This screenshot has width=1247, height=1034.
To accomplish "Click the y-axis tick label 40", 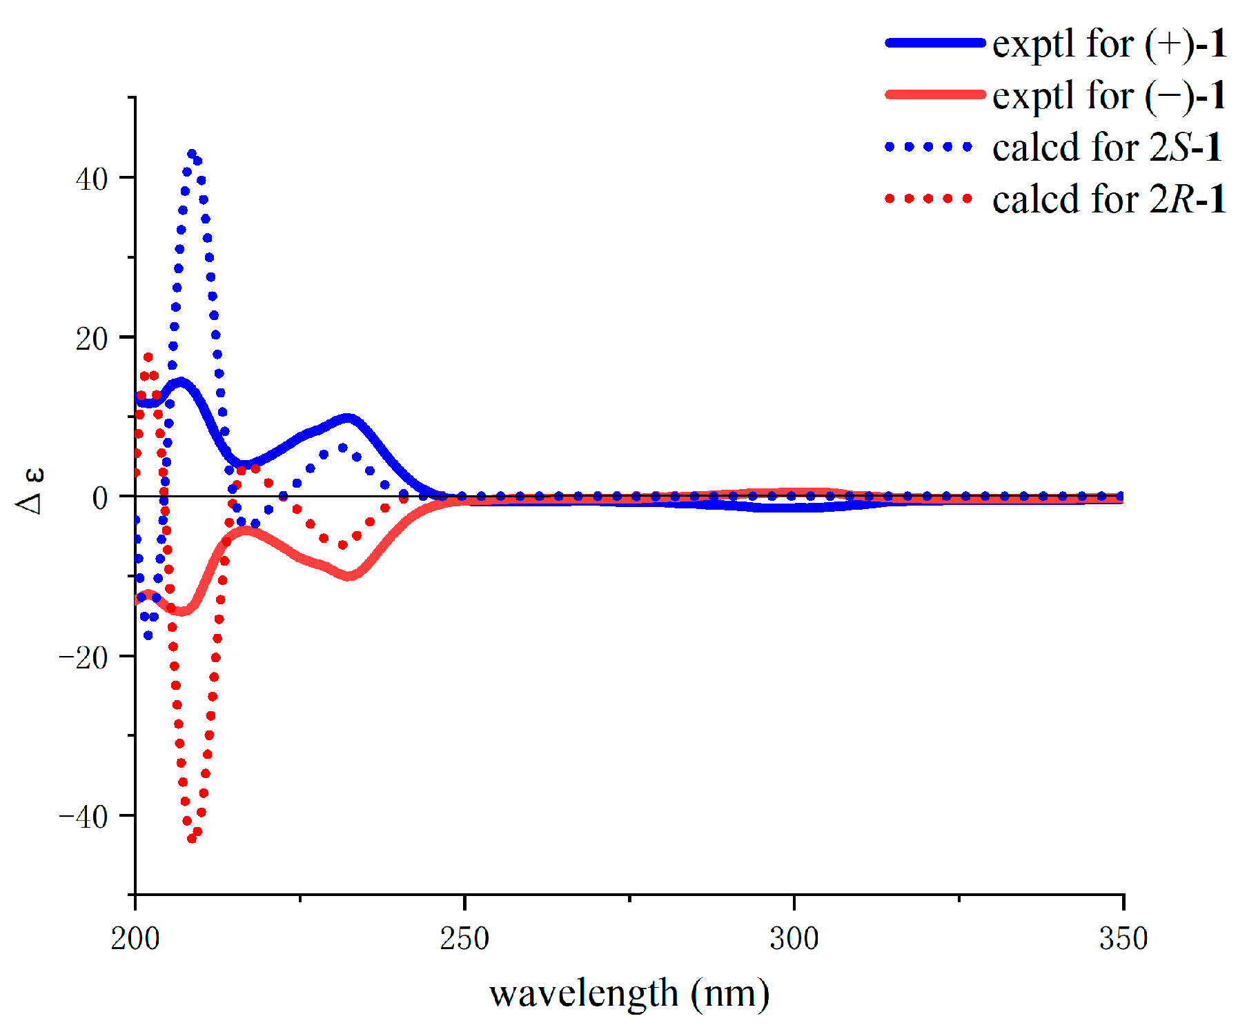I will click(x=92, y=180).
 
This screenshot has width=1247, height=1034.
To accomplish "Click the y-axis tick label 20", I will click(x=92, y=339).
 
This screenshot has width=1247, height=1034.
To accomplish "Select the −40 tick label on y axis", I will click(x=84, y=817).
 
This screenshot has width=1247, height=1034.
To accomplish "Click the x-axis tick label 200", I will click(x=135, y=939).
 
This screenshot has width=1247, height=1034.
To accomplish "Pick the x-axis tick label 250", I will click(x=464, y=939).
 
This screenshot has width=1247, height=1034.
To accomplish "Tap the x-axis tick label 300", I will click(x=794, y=939).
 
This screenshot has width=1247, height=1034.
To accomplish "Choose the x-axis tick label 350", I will click(x=1123, y=939).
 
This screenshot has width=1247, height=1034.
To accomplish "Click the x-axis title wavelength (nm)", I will click(x=629, y=994).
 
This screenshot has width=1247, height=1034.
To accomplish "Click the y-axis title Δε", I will click(x=30, y=490).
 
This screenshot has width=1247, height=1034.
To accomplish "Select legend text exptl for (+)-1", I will click(x=1108, y=44).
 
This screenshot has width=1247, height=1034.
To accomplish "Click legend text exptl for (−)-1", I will click(x=1108, y=96).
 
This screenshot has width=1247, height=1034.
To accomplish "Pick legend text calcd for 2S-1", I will click(x=1107, y=148).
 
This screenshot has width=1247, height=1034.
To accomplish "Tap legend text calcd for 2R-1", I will click(x=1108, y=199).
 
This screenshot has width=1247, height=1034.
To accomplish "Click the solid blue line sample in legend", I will click(x=935, y=43).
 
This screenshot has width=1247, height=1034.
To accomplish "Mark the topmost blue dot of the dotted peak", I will click(x=192, y=154).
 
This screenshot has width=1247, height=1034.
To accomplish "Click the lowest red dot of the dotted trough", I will click(x=192, y=839).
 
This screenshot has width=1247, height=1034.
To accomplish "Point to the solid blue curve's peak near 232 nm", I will click(x=348, y=418).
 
